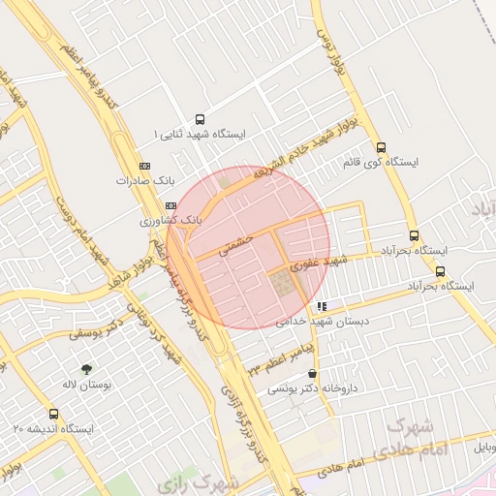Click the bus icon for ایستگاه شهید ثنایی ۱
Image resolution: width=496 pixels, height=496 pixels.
click(x=201, y=117)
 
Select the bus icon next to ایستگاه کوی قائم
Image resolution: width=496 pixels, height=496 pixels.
click(x=381, y=148)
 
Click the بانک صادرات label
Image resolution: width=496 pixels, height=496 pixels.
click(x=143, y=180)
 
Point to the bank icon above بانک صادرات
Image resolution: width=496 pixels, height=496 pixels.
click(x=145, y=166)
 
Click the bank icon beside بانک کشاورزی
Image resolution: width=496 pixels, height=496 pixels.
click(x=170, y=206)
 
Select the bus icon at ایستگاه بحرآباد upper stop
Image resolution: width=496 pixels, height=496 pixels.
click(x=414, y=235)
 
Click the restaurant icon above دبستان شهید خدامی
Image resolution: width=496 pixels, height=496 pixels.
click(x=322, y=306)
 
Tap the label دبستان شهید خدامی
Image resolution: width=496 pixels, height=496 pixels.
click(x=317, y=321)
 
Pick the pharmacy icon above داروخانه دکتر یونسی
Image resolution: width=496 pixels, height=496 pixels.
click(x=312, y=374)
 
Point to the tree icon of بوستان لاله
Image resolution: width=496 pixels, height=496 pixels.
click(x=87, y=369)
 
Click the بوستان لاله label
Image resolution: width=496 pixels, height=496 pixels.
click(x=87, y=385)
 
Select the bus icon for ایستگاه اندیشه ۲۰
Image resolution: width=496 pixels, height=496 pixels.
click(x=53, y=414)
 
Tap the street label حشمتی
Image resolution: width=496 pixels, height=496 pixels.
click(x=235, y=242)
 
